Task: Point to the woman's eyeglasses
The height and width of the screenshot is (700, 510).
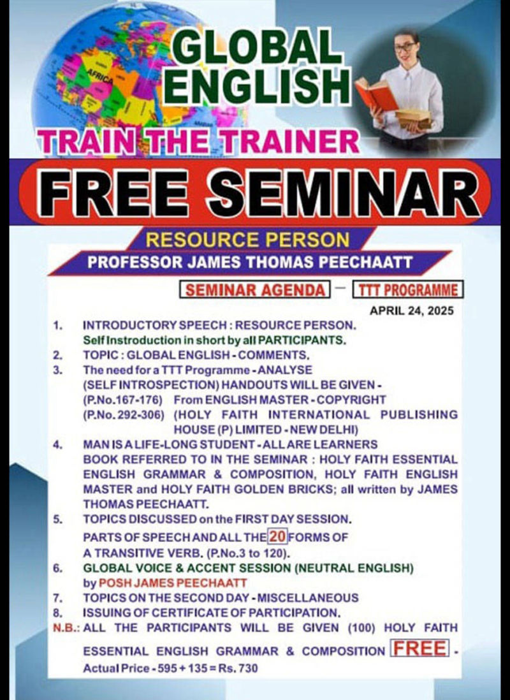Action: (x=405, y=47)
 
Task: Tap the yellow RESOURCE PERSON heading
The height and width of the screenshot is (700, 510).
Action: (x=247, y=240)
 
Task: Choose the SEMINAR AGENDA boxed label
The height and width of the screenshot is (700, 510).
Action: (x=254, y=289)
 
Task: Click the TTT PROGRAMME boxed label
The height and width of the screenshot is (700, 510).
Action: (x=408, y=289)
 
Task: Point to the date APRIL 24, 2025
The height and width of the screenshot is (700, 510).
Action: (x=411, y=310)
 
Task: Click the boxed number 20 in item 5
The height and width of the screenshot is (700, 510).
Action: (x=277, y=536)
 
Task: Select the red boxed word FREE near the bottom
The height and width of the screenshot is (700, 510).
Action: (x=419, y=648)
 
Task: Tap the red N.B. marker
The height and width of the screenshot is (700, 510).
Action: (x=66, y=628)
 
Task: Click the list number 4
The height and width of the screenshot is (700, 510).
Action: (x=57, y=444)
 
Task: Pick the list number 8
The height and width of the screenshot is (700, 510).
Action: (x=57, y=613)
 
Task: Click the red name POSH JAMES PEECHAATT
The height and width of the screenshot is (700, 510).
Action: (x=173, y=583)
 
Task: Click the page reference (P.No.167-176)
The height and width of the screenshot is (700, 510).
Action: (x=123, y=400)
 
